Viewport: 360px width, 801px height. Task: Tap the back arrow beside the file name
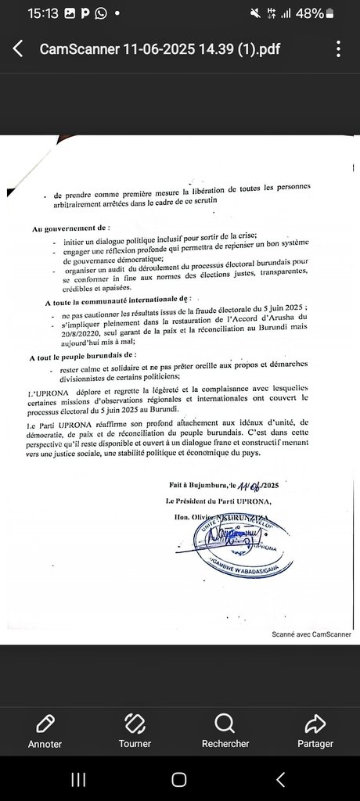tap(18, 48)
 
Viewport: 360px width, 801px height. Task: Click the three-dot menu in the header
tap(338, 48)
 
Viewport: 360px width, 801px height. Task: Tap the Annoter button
tap(45, 731)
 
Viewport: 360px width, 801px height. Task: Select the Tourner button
tap(135, 731)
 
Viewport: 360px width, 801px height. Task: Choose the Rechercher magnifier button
tap(225, 731)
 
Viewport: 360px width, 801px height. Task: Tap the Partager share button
tap(315, 731)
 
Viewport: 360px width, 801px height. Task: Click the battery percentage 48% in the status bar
tap(310, 13)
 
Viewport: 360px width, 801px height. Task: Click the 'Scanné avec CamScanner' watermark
tap(311, 634)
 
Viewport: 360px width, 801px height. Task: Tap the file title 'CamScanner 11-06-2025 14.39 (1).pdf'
tap(160, 49)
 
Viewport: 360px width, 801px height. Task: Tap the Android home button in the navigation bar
tap(179, 779)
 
